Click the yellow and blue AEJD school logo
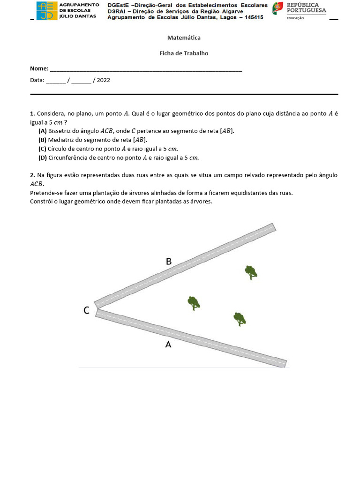(x=47, y=11)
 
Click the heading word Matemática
(x=184, y=37)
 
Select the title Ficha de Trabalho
(x=184, y=53)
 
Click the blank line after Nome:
(x=146, y=69)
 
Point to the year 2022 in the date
(x=104, y=80)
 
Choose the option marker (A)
(x=43, y=131)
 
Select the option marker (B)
(x=43, y=140)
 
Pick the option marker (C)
(x=43, y=149)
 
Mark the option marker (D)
(x=43, y=158)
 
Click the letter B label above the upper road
(x=169, y=262)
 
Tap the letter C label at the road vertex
(x=86, y=310)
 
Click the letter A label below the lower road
(x=168, y=345)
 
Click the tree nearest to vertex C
(x=194, y=303)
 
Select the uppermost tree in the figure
(x=251, y=272)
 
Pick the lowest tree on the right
(x=240, y=319)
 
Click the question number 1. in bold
(x=32, y=114)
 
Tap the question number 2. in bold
(x=32, y=175)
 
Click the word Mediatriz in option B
(x=60, y=140)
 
